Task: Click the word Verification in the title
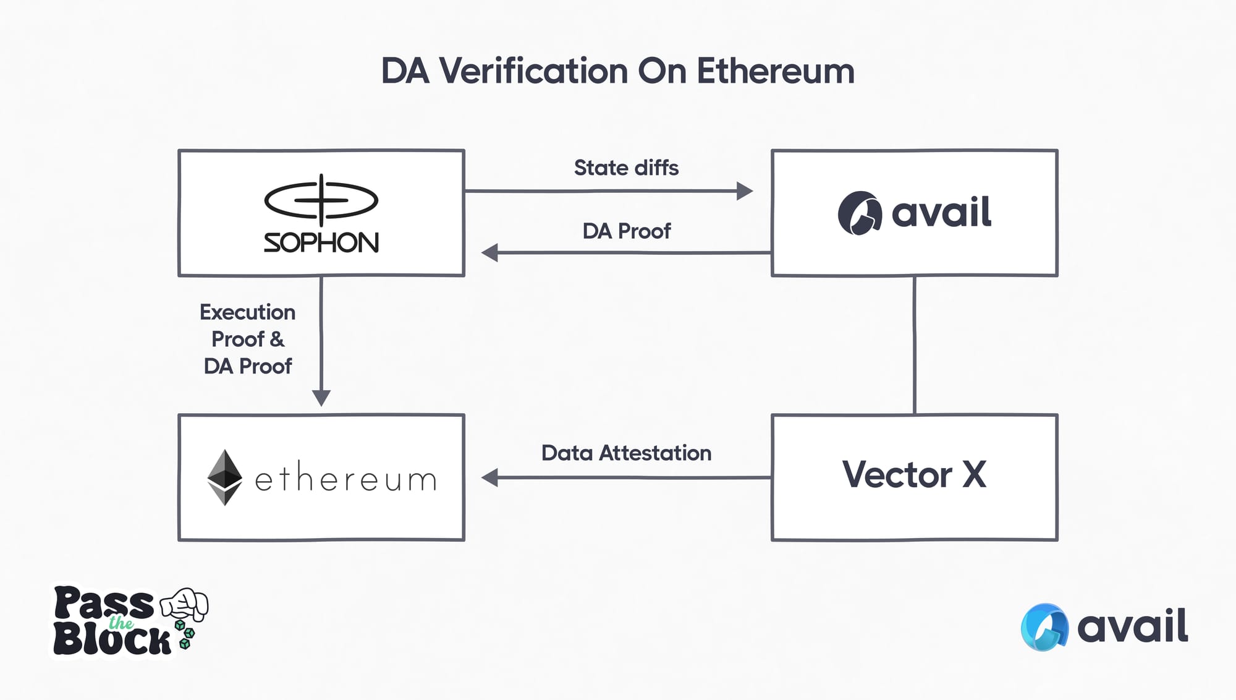535,71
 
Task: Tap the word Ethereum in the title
776,71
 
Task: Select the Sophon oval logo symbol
321,200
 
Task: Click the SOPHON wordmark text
321,242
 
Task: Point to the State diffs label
626,168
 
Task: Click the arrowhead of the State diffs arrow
745,191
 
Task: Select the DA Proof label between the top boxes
626,231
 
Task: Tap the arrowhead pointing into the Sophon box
490,252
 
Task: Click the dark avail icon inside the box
859,213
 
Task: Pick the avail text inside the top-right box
941,212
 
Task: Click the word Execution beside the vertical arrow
247,312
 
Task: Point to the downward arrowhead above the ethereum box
321,398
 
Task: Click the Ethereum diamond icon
224,477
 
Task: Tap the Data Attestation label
626,453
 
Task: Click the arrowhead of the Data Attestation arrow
490,477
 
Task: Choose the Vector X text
914,475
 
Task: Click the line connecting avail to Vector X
914,345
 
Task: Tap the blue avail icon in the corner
1044,627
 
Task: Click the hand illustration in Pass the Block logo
185,603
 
